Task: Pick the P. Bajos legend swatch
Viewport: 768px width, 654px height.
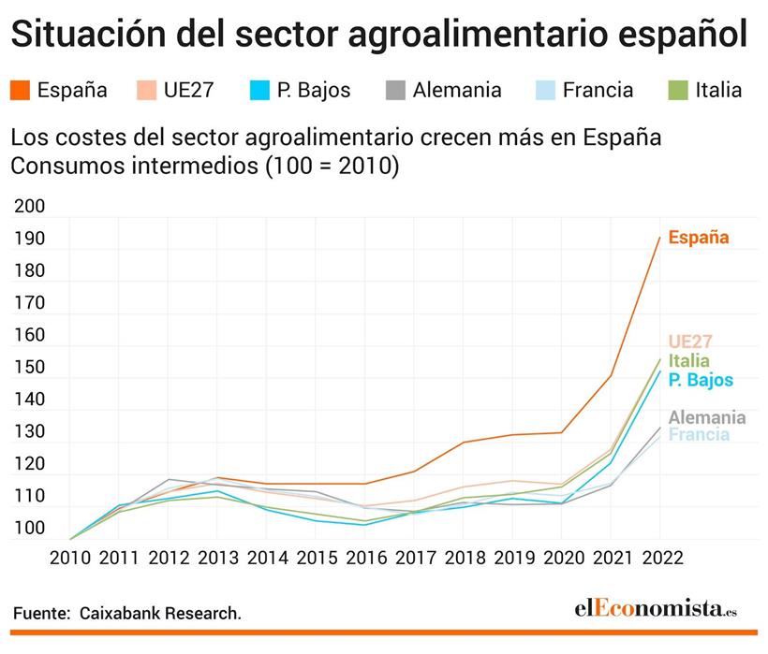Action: (x=260, y=91)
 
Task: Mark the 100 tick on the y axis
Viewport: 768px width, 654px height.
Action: (x=30, y=529)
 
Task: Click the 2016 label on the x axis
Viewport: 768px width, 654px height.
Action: (x=364, y=559)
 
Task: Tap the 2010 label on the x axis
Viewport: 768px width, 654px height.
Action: (x=70, y=559)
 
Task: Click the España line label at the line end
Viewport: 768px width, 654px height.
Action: (x=698, y=238)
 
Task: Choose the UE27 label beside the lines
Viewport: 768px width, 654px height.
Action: (x=690, y=342)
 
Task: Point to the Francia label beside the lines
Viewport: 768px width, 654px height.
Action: (x=699, y=435)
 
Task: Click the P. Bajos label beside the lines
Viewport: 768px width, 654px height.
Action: (x=701, y=380)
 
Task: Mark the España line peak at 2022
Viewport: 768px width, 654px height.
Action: (x=658, y=238)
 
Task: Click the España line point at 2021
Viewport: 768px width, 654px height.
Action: (x=610, y=376)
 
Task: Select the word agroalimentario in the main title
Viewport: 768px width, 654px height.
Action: (x=449, y=36)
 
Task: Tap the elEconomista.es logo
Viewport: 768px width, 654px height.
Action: (x=655, y=609)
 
